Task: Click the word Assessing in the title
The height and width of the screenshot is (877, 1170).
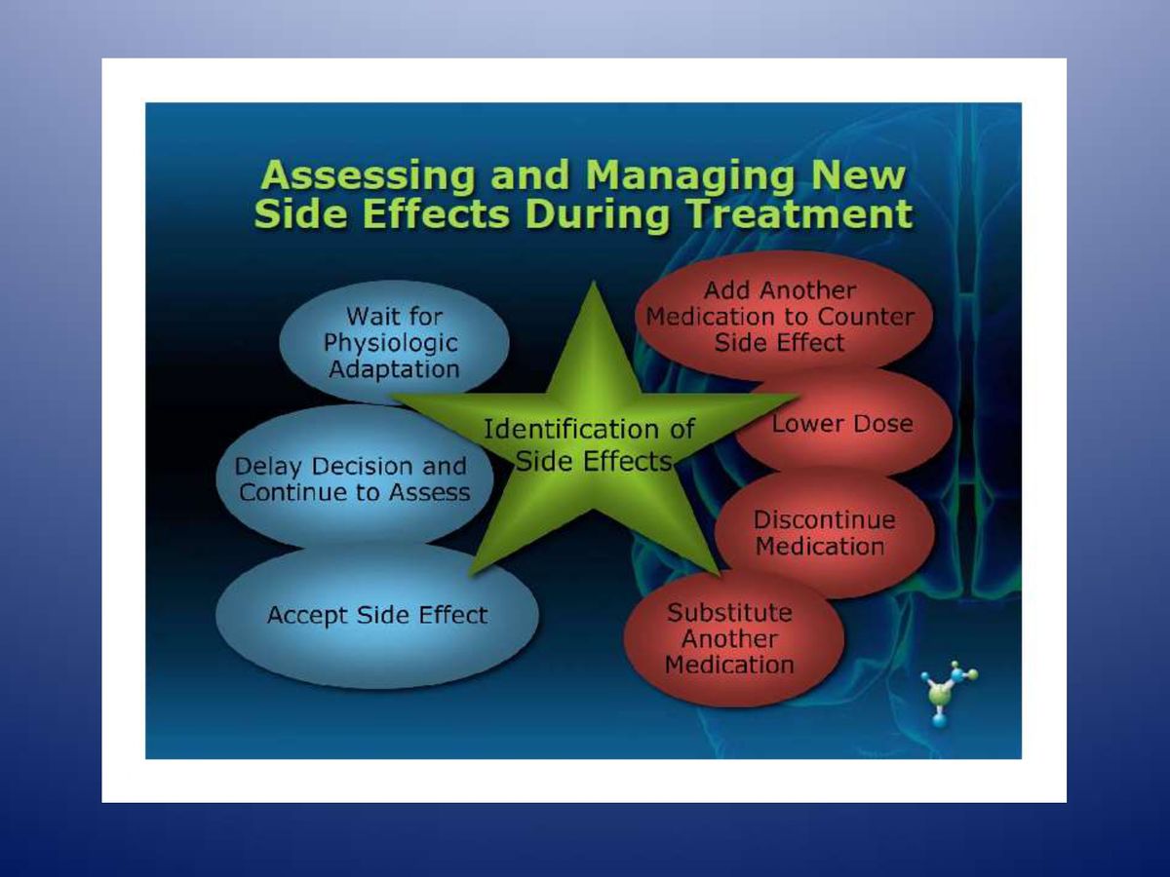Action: pos(368,175)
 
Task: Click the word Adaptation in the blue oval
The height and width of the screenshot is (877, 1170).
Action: pos(394,369)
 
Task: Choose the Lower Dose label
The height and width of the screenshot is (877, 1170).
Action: pos(842,424)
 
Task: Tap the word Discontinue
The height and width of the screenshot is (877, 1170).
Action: pos(824,519)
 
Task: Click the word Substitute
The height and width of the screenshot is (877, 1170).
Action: pos(729,612)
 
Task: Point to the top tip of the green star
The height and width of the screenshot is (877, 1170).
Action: pos(593,282)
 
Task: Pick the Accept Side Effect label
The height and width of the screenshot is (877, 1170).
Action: pos(377,615)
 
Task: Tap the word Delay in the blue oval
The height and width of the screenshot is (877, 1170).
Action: pos(269,467)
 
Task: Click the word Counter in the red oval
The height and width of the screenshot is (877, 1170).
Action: pos(866,317)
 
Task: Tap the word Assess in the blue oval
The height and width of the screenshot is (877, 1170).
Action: pos(429,492)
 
